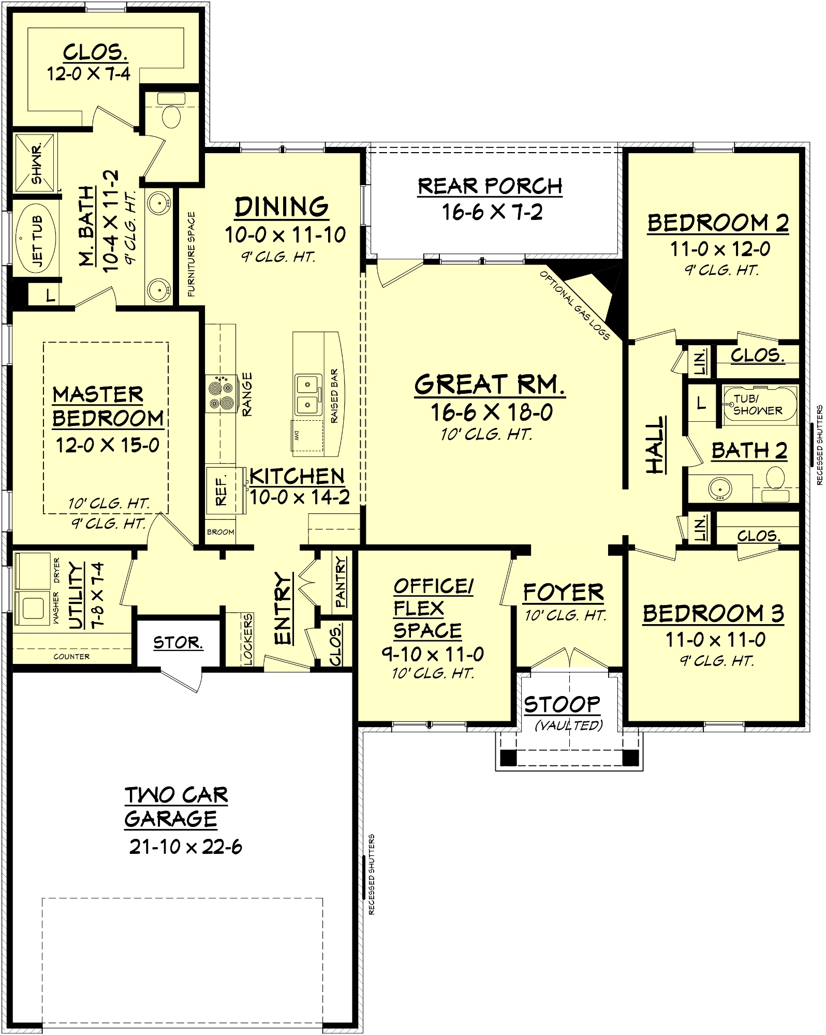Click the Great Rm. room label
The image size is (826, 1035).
489,385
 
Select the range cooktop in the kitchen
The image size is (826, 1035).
221,395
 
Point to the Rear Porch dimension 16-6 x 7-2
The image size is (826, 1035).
492,212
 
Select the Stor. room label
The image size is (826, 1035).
178,643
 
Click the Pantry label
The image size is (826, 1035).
340,582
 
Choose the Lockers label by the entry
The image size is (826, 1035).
247,639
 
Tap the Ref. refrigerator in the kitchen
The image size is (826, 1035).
221,490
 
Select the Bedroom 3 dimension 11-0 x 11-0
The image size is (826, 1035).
715,640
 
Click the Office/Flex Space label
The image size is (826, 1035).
430,609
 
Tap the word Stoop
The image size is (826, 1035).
562,705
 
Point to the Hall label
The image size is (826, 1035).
656,445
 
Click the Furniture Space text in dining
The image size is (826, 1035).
191,254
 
